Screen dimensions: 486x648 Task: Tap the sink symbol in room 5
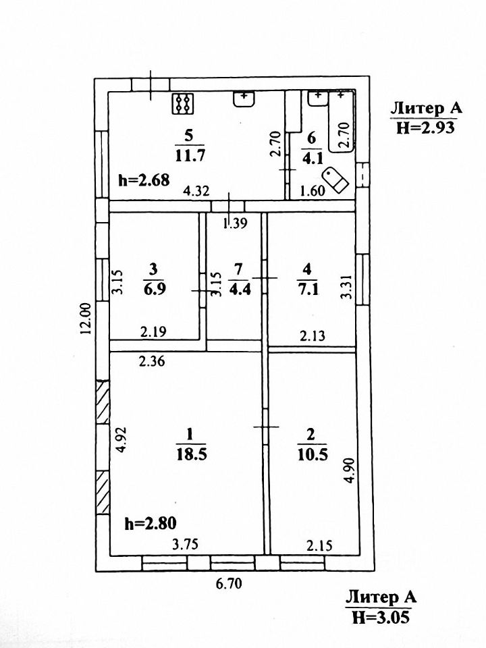tap(244, 99)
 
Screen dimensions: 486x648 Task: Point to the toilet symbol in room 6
tap(335, 179)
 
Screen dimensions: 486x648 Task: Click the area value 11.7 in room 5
tap(190, 155)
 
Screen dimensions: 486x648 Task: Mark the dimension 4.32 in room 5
tap(196, 190)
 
